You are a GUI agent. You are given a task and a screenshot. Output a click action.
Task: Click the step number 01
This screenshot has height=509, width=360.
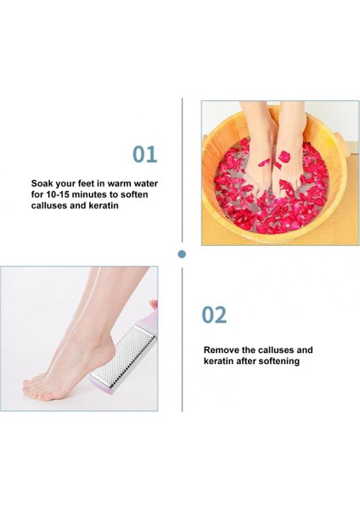coord(145,154)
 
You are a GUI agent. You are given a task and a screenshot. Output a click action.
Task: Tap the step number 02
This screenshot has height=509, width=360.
coord(214,315)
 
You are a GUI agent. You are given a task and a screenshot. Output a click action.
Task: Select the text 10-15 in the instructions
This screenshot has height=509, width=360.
coord(60,194)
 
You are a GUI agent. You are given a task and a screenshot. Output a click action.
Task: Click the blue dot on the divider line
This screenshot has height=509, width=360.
coord(181,253)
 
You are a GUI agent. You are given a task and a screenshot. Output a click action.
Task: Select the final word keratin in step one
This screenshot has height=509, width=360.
coord(121,205)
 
